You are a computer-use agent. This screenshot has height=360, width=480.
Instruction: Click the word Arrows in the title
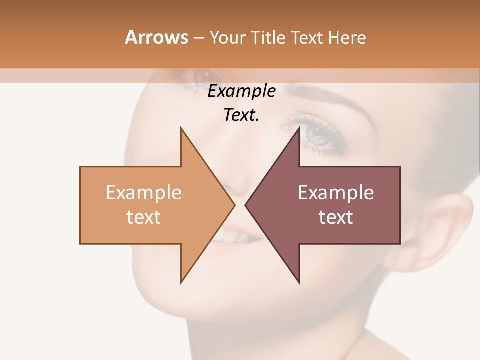pos(156,37)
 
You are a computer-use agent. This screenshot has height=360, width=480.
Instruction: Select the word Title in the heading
pos(267,38)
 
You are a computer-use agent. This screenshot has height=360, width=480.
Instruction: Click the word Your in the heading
pos(226,38)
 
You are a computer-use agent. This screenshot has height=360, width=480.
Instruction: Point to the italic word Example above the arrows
pos(241,91)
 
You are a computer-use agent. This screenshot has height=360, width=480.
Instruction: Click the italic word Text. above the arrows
pos(241,115)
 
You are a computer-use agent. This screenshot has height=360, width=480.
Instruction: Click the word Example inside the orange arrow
pos(143,193)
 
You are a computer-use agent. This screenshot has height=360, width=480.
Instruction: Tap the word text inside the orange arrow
pos(143,217)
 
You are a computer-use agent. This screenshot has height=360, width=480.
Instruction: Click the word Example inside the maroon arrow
pos(336,193)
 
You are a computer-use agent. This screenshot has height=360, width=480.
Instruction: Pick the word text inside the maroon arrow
pos(336,217)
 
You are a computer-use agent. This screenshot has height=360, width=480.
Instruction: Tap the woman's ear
pos(450,225)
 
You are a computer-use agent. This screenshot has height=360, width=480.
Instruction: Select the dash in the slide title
pos(198,38)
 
